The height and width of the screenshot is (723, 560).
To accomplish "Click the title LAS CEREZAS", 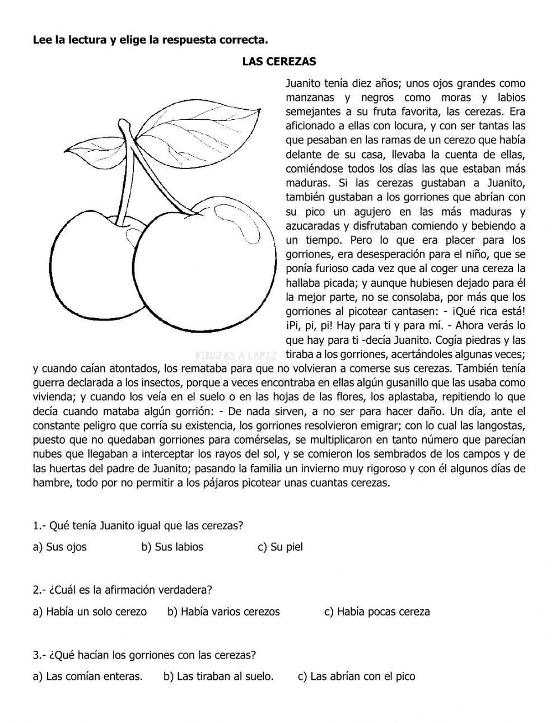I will click(279, 62).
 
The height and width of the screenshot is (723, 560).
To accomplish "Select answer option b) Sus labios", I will click(172, 547).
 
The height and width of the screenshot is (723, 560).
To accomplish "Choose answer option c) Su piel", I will click(280, 547).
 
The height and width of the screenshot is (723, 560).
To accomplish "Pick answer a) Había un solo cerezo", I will click(90, 612).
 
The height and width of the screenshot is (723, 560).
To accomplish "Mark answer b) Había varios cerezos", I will click(223, 612).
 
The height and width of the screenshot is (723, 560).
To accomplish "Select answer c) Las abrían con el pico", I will click(356, 677).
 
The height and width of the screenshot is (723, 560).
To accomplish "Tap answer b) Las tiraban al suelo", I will click(218, 677).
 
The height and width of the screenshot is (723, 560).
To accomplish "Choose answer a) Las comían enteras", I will click(88, 677).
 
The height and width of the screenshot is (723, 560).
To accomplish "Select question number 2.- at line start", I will click(39, 590).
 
